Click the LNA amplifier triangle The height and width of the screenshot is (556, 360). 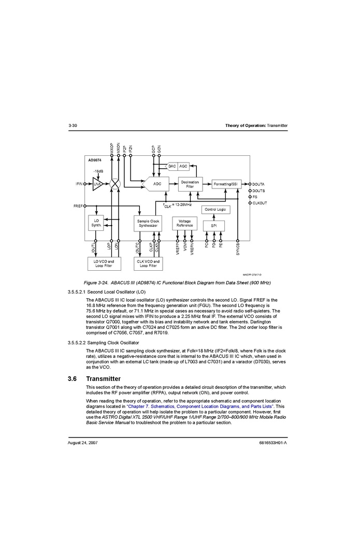click(x=97, y=184)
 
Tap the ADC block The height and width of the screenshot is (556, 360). click(x=156, y=184)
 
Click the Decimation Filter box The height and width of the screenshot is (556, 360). click(x=190, y=184)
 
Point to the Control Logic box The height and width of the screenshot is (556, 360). click(x=215, y=210)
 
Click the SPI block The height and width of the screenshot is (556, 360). click(x=214, y=226)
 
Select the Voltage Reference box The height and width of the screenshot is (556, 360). click(x=184, y=224)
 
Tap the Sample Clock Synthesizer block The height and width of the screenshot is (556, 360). click(x=148, y=224)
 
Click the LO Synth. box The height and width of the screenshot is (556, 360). click(x=96, y=223)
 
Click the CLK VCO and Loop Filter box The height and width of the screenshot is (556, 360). click(x=148, y=264)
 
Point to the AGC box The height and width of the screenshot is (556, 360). click(x=183, y=166)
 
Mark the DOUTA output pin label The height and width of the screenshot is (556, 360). click(x=258, y=184)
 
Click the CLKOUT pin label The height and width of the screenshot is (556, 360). click(x=260, y=203)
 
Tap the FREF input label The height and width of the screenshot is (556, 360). click(x=78, y=206)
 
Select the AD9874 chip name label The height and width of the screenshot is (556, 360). click(x=95, y=160)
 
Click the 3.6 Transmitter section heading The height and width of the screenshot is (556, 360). click(x=96, y=378)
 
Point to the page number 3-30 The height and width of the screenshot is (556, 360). click(x=73, y=126)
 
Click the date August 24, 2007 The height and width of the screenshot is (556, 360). click(x=83, y=444)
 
